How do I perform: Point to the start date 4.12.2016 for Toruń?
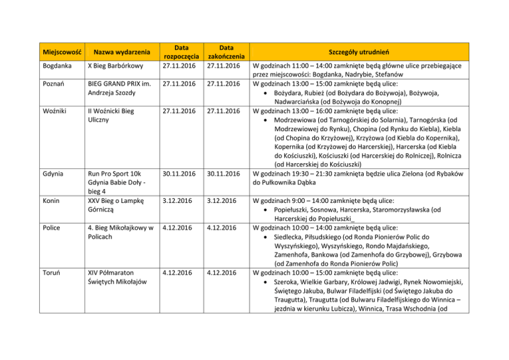click(177, 272)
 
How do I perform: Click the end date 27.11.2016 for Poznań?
click(227, 85)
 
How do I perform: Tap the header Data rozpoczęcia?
click(179, 52)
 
